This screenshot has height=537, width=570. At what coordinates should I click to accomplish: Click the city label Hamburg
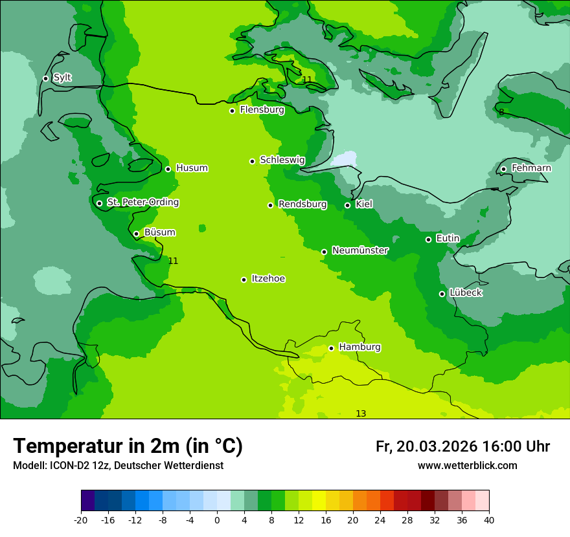tap(359, 347)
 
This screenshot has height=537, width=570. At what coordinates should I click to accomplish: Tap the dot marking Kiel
tap(347, 205)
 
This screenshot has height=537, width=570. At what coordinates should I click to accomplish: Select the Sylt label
tap(62, 78)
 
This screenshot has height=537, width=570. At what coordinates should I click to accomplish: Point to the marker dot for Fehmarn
tap(503, 169)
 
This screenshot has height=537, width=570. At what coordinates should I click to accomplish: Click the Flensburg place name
tap(262, 110)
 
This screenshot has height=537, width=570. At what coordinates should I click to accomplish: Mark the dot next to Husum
tap(168, 169)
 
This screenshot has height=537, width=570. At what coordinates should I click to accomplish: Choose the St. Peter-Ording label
tap(142, 203)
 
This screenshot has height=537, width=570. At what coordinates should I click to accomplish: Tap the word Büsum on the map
tap(159, 232)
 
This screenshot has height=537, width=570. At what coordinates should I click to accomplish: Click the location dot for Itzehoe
tap(244, 279)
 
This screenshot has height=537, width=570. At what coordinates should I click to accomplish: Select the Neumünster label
tap(360, 250)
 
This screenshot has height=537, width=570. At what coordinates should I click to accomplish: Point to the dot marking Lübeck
tap(442, 294)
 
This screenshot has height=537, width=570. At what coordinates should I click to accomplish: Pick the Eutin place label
tap(448, 239)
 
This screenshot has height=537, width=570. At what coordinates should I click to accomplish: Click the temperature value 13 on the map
tap(361, 414)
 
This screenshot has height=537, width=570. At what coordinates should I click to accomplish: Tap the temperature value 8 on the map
tap(501, 113)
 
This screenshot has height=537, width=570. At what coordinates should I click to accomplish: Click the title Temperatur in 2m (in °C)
tap(128, 446)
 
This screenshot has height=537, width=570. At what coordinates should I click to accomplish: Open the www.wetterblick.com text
tap(467, 466)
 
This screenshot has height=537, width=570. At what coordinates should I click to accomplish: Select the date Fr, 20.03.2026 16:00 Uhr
tap(462, 447)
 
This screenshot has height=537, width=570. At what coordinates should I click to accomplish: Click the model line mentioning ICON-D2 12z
tap(118, 466)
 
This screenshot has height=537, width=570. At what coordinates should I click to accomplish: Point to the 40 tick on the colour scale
tap(488, 520)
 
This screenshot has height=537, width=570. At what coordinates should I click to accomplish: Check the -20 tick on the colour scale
tap(81, 520)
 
